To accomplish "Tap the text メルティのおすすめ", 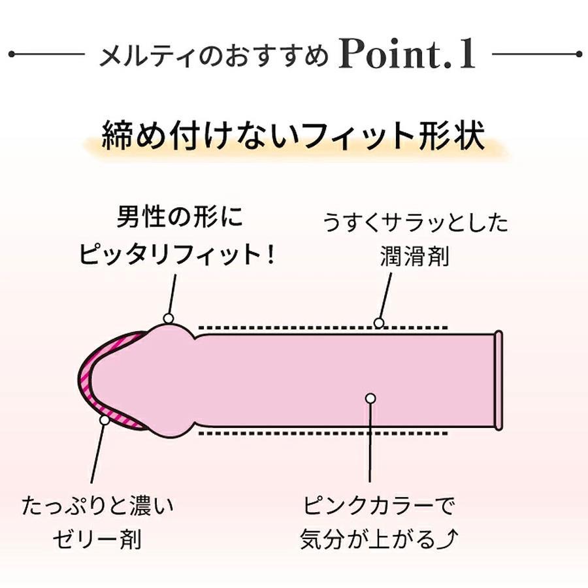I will point(213,57).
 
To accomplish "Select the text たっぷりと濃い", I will point(99,506).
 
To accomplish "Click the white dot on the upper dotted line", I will point(378,322).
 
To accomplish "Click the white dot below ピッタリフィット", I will point(169,318).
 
